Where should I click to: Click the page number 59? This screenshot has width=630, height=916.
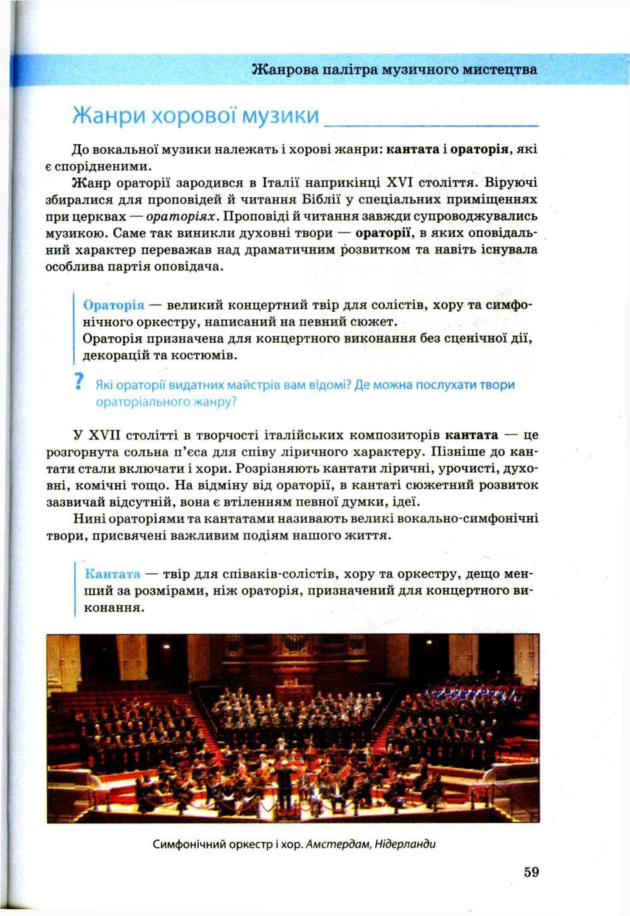531,872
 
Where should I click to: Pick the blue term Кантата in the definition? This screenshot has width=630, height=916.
113,574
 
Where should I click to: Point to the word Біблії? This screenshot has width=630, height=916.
325,199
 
